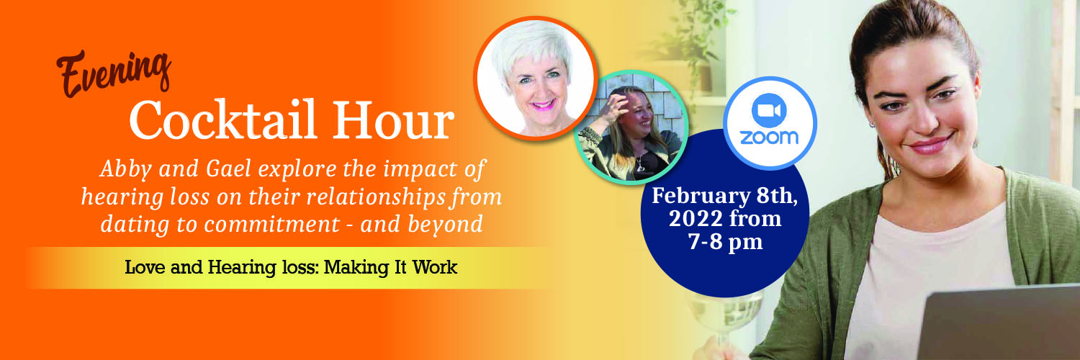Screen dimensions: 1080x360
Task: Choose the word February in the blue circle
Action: pyautogui.click(x=701, y=196)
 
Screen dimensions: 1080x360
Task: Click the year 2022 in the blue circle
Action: pyautogui.click(x=694, y=218)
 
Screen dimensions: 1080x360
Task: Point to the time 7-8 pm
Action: pyautogui.click(x=725, y=241)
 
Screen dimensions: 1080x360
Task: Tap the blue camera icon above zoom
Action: pyautogui.click(x=769, y=111)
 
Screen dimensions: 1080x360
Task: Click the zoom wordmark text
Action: pyautogui.click(x=769, y=138)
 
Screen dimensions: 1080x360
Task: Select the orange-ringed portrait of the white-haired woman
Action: pyautogui.click(x=536, y=78)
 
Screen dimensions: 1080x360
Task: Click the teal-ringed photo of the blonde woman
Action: pyautogui.click(x=631, y=127)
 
